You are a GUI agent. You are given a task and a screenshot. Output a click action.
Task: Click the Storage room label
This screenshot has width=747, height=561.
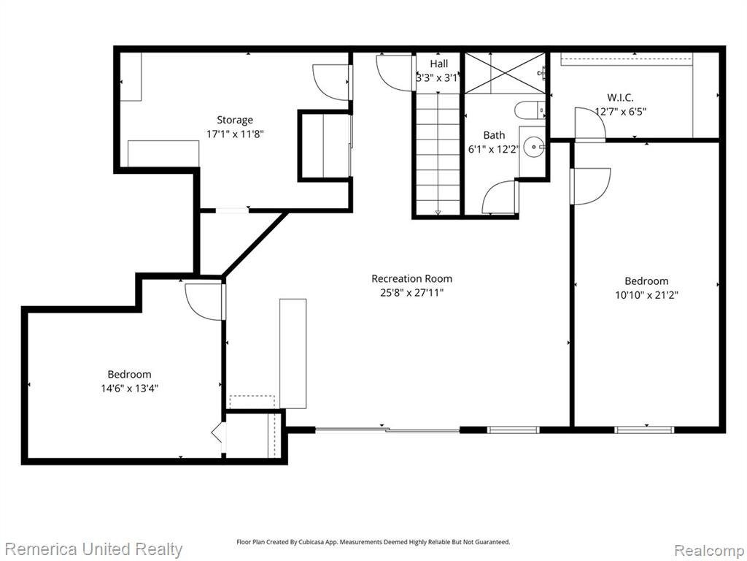coord(235,120)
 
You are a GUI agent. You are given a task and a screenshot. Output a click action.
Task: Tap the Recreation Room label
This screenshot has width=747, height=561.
coord(411,278)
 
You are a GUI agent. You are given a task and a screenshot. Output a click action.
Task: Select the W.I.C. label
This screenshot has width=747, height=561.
coord(620,98)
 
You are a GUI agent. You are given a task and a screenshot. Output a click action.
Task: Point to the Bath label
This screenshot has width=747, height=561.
coord(494,135)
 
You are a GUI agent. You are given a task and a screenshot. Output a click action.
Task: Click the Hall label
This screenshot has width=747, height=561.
coord(438,64)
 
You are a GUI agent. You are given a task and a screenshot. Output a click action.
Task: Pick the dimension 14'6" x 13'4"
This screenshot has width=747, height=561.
coord(129,389)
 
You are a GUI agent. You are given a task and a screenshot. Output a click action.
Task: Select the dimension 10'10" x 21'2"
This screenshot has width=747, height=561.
coord(646,295)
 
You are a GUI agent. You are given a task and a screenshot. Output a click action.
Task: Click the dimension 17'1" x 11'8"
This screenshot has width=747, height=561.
coord(235,134)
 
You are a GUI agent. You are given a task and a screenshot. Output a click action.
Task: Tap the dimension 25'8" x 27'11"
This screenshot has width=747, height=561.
coord(411,292)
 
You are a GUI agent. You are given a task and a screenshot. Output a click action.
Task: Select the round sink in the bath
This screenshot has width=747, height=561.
coord(534,147)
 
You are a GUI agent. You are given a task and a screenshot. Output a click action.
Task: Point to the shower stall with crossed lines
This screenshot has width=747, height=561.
coord(505,73)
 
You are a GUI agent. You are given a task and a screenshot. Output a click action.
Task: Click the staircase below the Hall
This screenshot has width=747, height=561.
coord(438,153)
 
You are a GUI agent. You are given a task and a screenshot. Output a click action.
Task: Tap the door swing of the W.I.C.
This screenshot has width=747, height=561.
coord(590,124)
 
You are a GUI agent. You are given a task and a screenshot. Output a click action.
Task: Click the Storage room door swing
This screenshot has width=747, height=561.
coord(332,82)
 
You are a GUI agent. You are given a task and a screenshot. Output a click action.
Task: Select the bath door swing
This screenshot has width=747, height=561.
coord(499,197)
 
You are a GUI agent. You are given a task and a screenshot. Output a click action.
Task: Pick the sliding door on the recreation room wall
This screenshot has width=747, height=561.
coord(387,430)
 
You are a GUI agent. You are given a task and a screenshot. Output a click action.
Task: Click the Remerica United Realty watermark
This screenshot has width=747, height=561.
coord(93,549)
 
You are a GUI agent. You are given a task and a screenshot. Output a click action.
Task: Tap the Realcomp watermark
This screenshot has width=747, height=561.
coord(708,550)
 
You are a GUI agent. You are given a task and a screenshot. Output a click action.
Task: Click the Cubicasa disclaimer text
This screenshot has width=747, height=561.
coord(373,542)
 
